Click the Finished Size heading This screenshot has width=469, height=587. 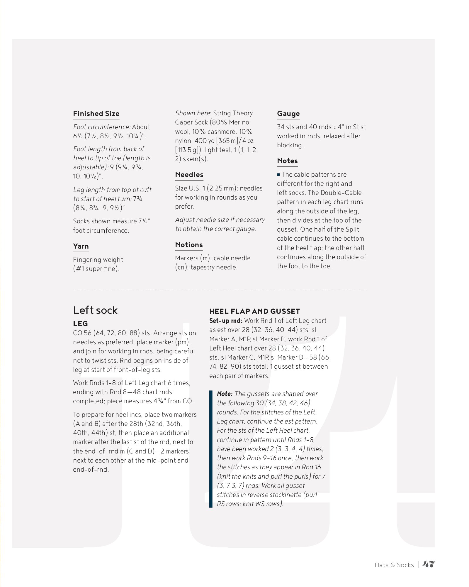pos(96,114)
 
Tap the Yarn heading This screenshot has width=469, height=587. pos(81,246)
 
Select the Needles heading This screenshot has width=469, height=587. pos(189,175)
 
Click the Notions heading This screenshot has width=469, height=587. pos(189,245)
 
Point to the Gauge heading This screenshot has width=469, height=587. pos(288,114)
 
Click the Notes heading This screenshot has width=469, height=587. pos(287,161)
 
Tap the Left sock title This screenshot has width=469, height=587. pos(95,310)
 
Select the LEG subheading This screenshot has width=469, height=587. pos(80,323)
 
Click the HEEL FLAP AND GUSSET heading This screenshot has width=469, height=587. pos(254,311)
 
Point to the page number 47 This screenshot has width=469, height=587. pos(428,564)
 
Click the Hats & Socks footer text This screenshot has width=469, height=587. pos(394,565)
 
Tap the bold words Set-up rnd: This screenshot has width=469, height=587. pos(226,321)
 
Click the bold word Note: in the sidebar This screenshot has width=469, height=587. pos(225,394)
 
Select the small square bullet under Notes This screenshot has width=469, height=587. pos(278,175)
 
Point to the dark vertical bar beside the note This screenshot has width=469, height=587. pos(210,449)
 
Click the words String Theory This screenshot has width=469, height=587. pos(233,113)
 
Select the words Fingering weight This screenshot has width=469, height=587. pos(98,260)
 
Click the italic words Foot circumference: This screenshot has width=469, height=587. pos(101,127)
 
